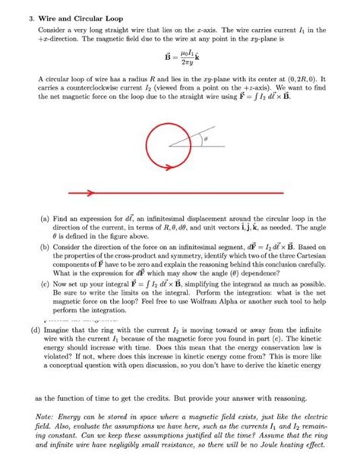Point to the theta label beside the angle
[x=203, y=140]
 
